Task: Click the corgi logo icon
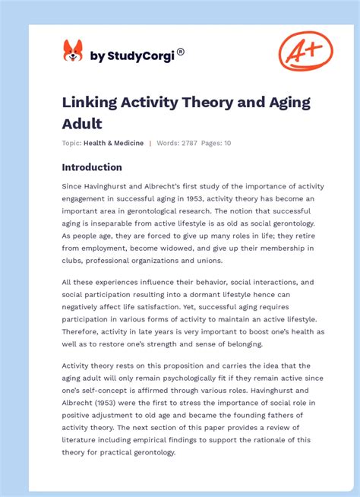[73, 52]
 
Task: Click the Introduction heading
[92, 167]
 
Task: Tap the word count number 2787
[189, 143]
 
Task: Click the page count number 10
[227, 143]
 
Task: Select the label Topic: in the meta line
[71, 143]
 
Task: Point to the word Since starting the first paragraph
[74, 186]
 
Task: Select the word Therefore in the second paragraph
[85, 331]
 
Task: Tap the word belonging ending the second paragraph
[237, 343]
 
